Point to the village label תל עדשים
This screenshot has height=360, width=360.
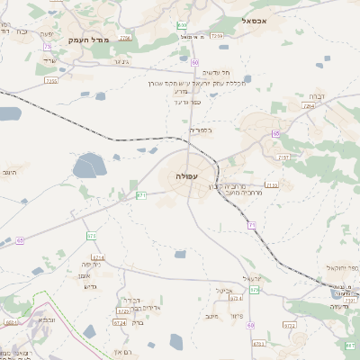click(214, 72)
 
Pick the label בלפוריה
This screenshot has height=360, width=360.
click(199, 130)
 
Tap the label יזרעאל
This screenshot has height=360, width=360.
click(252, 277)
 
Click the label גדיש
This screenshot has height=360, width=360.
click(89, 286)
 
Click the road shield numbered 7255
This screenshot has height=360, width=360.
click(51, 81)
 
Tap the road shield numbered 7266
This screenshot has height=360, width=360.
click(125, 38)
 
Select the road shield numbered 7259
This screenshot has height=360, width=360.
click(217, 36)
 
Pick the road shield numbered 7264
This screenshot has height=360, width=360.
click(309, 106)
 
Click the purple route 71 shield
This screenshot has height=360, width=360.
click(252, 224)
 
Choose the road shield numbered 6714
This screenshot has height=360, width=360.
click(98, 256)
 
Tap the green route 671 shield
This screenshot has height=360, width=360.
click(141, 194)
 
